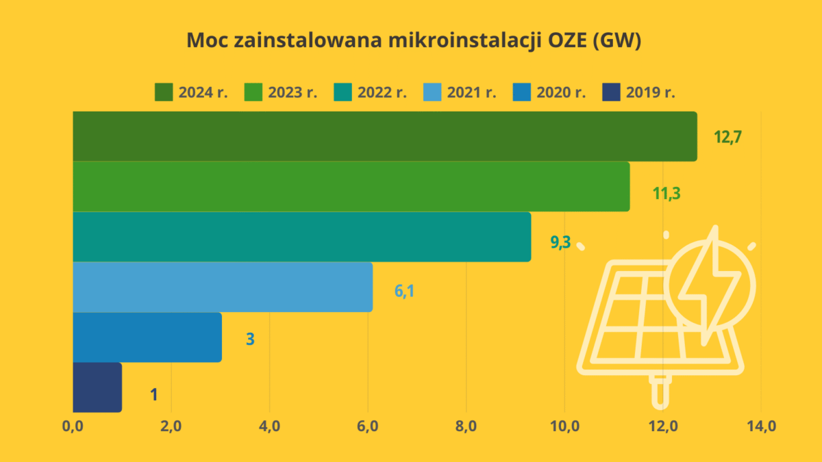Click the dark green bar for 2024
[384, 136]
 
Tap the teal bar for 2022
[301, 237]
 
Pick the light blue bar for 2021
[223, 287]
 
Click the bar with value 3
[147, 337]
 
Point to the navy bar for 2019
[97, 387]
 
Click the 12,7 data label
[728, 136]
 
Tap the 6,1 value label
[404, 291]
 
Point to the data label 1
[153, 394]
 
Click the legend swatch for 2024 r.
[163, 92]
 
